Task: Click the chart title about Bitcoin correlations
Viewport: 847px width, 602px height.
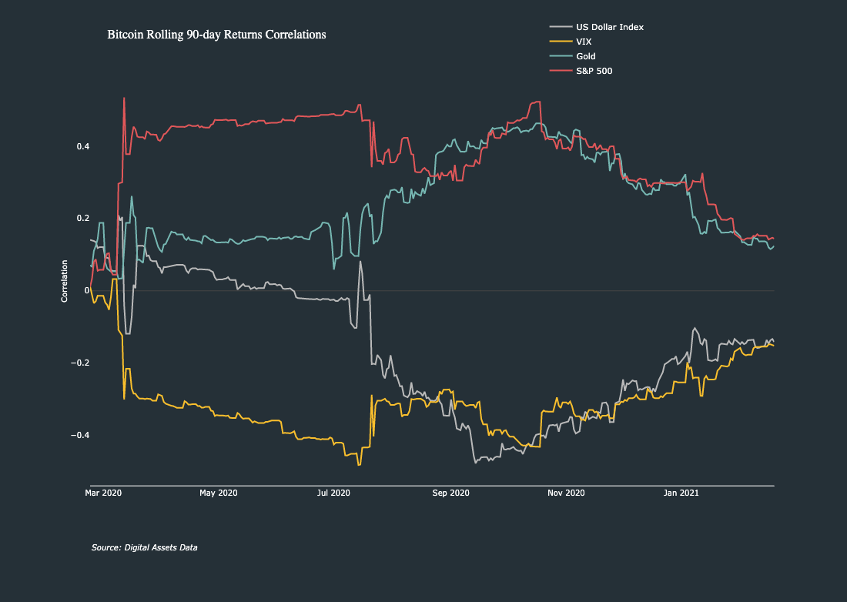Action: [216, 35]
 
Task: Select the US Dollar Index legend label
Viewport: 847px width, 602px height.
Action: [609, 27]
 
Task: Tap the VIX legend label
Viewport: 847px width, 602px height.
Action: [584, 42]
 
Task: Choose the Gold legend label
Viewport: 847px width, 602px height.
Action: [585, 56]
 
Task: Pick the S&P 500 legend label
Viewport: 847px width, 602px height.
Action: [594, 71]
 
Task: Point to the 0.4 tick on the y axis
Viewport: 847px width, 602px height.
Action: [82, 146]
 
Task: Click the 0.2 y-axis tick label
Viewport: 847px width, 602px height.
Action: [82, 219]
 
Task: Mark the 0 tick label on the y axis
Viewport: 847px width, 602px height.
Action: [87, 291]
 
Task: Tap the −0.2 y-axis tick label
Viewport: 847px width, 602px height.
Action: [80, 363]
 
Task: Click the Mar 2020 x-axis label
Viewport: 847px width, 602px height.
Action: [103, 493]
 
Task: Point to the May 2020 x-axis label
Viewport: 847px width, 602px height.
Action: [219, 493]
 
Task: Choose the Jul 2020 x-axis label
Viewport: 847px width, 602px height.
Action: [334, 493]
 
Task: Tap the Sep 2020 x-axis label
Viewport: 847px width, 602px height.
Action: [450, 493]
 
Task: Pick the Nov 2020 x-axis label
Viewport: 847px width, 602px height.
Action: [566, 493]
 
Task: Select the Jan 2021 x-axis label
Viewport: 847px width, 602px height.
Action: [681, 493]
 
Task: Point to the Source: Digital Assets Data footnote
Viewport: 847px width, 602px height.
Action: [144, 547]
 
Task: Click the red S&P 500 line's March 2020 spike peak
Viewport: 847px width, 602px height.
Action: [124, 98]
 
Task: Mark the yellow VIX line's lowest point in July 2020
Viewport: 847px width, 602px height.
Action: [359, 464]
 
